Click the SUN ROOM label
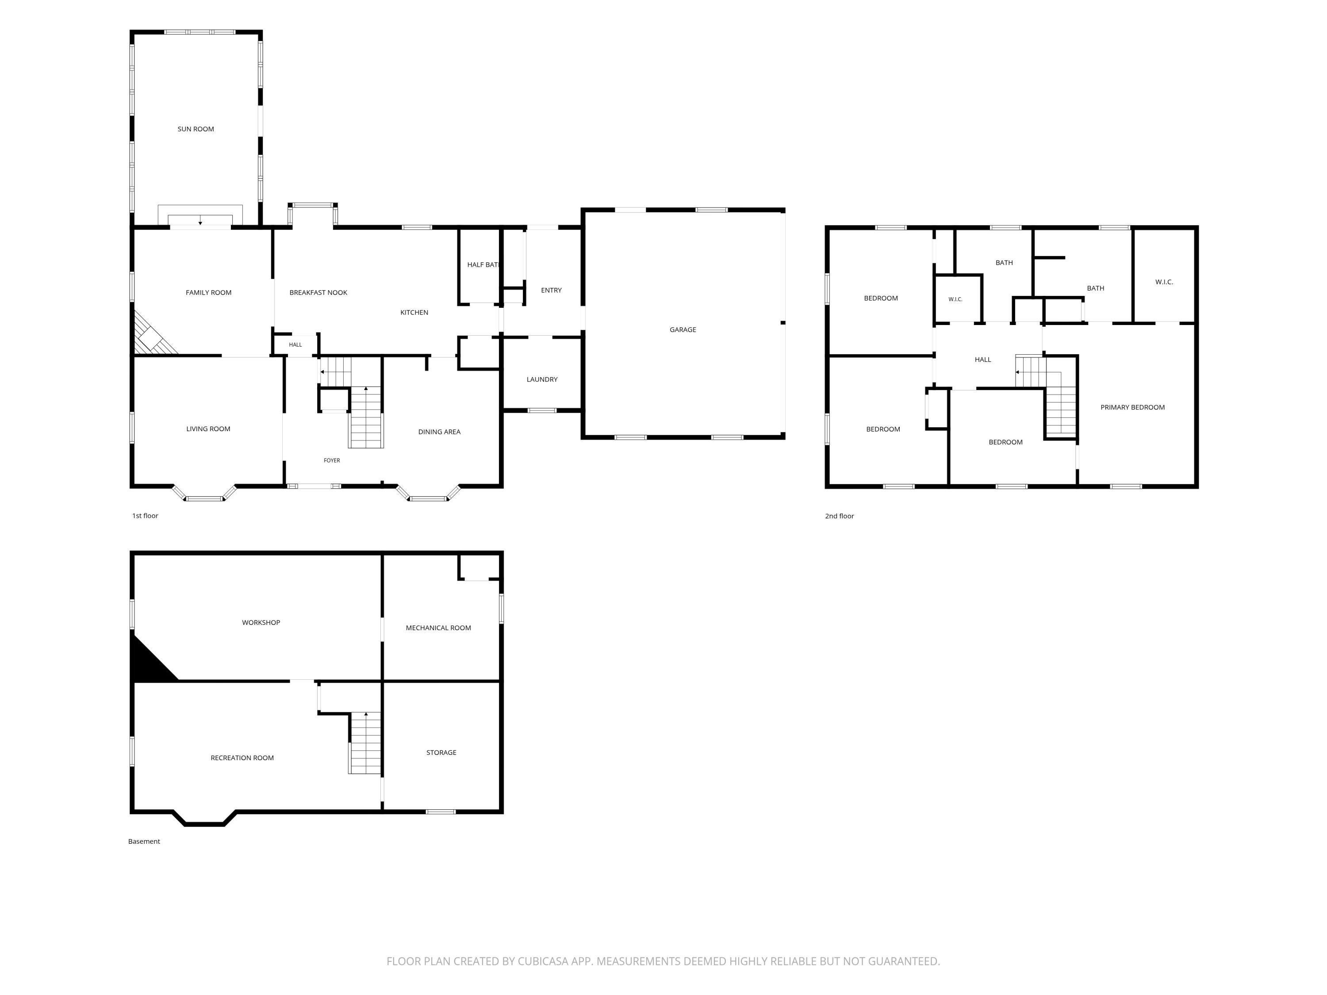196,129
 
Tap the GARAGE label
683,329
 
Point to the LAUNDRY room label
542,379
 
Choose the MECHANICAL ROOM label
438,628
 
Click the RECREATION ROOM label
242,758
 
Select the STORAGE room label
441,753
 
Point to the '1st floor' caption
145,516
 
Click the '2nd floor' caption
839,516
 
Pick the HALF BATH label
483,264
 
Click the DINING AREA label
439,432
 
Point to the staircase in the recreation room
365,743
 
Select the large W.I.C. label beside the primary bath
1164,282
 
